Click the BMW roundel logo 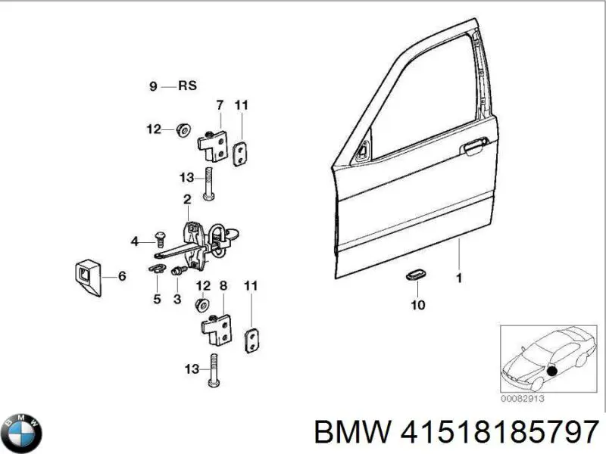(22, 434)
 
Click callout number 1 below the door (458, 278)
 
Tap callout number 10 (418, 305)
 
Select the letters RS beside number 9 (187, 86)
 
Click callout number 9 (153, 87)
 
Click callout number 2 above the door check (186, 199)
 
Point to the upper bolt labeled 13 (208, 184)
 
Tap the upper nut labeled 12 (182, 130)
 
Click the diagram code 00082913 (523, 398)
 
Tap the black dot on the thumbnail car (551, 371)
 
